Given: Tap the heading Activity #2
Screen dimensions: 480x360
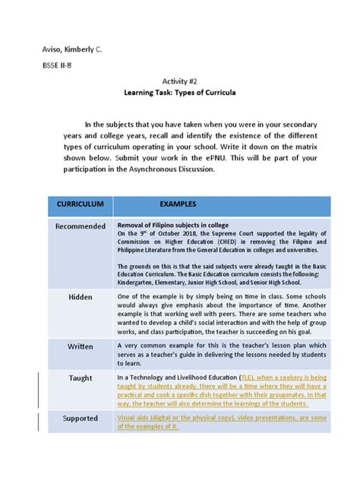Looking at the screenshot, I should (181, 81).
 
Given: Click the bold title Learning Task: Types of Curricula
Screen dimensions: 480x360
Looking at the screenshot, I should (181, 93).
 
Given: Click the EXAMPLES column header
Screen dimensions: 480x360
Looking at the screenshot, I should (178, 205).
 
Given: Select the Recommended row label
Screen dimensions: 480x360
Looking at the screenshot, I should (81, 226).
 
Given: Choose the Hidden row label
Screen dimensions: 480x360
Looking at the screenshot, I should (81, 297).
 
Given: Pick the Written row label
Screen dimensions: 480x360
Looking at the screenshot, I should (81, 346).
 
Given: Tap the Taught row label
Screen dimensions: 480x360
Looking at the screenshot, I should (81, 377).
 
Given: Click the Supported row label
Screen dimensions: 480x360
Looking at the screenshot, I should (81, 418).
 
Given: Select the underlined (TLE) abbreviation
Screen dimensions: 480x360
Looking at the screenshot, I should (248, 377).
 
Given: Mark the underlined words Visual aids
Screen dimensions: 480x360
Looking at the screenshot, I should (134, 417).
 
